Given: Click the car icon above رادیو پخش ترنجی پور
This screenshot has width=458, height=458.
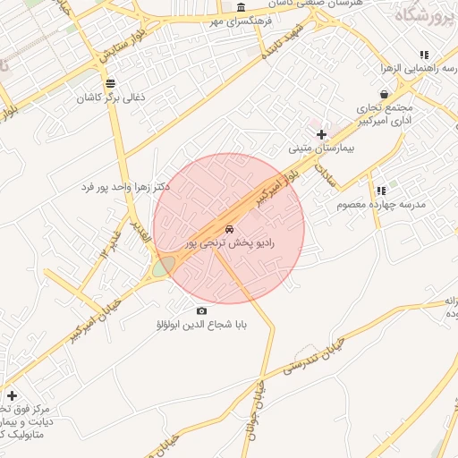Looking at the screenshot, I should [230, 229].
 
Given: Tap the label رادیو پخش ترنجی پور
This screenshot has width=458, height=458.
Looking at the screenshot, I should [230, 242].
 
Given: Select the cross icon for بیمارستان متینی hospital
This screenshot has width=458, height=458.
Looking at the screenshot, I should [322, 134].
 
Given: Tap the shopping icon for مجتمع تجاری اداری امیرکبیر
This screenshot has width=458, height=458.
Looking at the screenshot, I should [384, 94].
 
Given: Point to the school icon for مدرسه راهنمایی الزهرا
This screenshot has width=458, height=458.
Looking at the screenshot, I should [424, 55].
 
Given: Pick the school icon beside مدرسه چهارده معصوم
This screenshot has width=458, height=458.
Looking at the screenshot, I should [381, 191].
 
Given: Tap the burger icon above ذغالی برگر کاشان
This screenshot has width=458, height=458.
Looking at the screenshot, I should [110, 83].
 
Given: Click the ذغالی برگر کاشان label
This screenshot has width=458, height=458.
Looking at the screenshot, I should [110, 97].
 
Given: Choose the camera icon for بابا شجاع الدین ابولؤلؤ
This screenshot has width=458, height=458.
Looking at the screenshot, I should [200, 311].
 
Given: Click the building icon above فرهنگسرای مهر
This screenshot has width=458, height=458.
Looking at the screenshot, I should [241, 6].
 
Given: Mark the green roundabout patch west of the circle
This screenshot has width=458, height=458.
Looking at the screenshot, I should [163, 267].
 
